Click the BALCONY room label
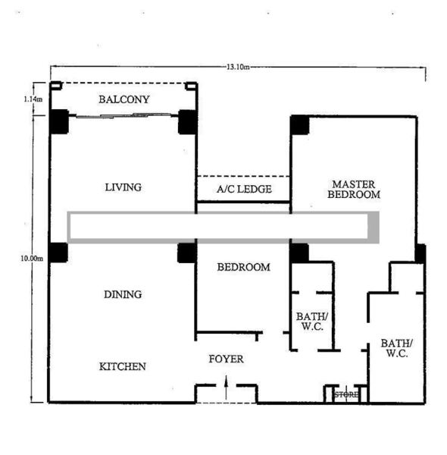click(124, 99)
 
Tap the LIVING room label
click(123, 187)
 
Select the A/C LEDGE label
click(244, 189)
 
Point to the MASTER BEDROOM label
click(354, 189)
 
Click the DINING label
click(123, 294)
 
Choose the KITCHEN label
click(122, 366)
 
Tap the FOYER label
click(226, 359)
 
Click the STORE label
click(346, 394)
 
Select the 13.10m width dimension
click(238, 67)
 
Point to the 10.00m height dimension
click(32, 258)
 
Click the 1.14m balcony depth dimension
click(33, 99)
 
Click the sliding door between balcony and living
click(123, 116)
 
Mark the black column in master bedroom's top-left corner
click(300, 125)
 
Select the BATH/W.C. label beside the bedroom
click(312, 322)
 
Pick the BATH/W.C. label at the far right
click(396, 348)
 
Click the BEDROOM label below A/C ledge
click(243, 267)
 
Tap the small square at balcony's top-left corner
click(56, 86)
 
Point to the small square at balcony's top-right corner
click(191, 86)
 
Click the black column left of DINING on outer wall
click(58, 253)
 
